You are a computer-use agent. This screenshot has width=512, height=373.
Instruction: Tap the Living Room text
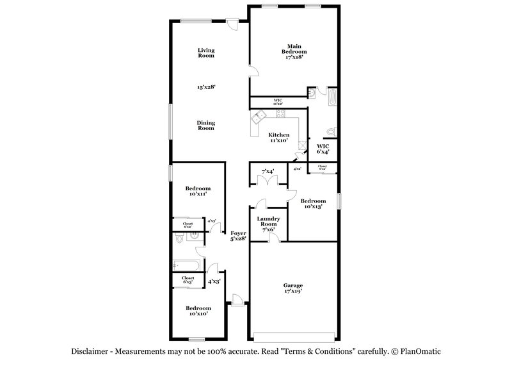coord(205,53)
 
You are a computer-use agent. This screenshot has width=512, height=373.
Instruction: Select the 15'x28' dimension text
coord(205,86)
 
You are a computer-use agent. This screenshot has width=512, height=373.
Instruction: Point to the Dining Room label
coord(205,125)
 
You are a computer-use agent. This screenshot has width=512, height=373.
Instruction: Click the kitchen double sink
coord(259,117)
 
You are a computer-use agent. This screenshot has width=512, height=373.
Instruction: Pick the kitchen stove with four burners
coord(280,113)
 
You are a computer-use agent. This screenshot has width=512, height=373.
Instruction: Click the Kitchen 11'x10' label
coord(279,138)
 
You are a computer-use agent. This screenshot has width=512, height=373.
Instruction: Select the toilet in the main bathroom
coord(330,131)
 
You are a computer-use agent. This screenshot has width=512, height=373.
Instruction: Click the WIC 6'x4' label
coord(323,149)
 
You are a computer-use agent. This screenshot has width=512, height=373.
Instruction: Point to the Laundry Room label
coord(267,224)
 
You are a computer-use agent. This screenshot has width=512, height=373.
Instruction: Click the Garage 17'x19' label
coord(293,288)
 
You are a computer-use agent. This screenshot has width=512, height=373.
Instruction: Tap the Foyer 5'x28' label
coord(239,236)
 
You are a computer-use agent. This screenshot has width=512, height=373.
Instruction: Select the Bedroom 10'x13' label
coord(312,203)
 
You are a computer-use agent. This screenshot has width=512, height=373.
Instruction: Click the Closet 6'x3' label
coord(188,279)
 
